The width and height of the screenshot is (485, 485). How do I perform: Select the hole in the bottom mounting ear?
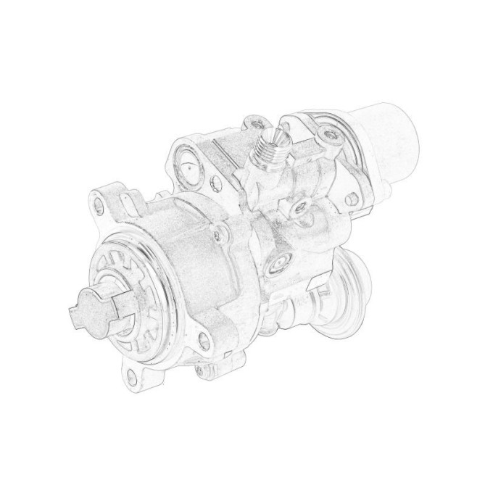click(132, 376)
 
